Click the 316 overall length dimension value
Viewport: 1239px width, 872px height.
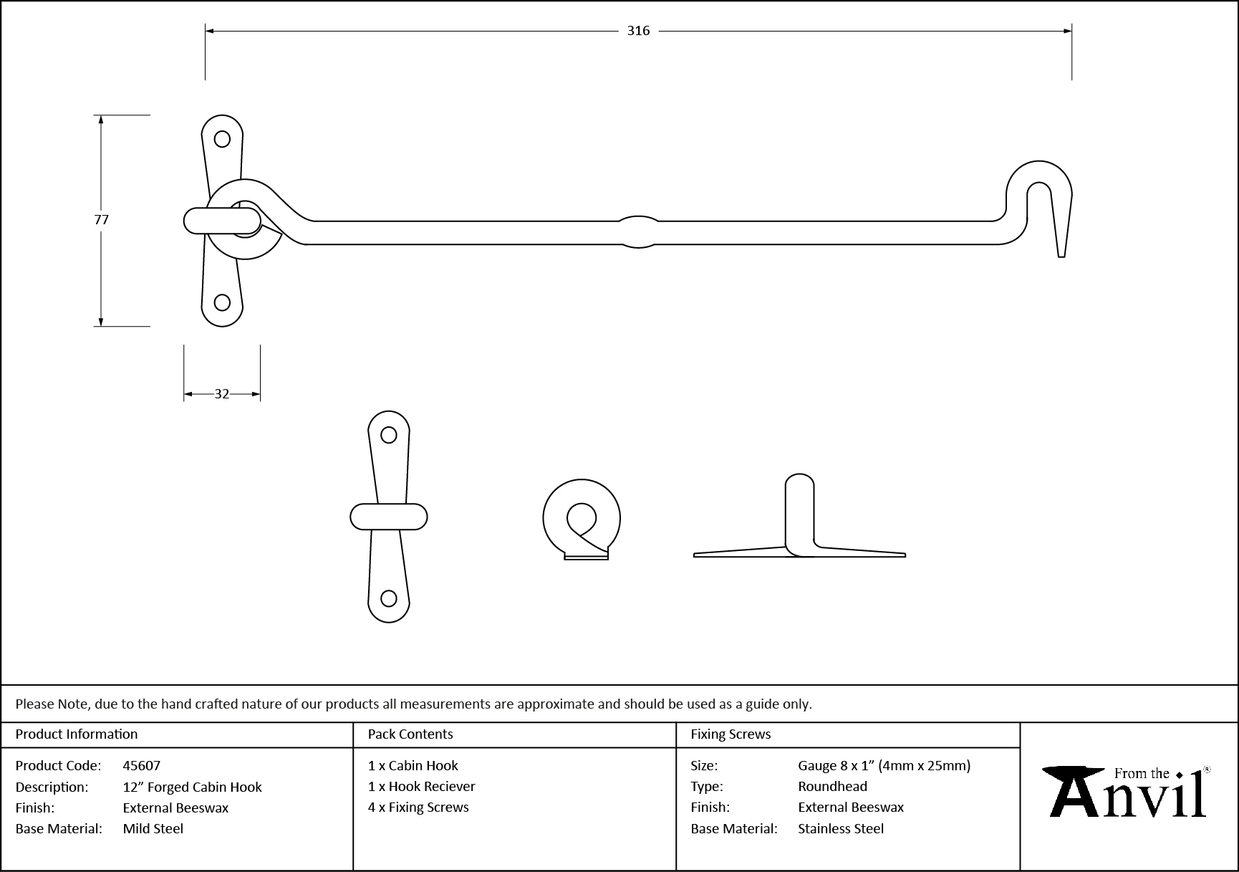click(638, 30)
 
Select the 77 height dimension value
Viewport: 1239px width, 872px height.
click(101, 220)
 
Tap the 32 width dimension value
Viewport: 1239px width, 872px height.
click(222, 394)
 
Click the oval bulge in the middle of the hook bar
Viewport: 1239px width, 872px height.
click(638, 232)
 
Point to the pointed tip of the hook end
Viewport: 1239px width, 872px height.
click(1061, 252)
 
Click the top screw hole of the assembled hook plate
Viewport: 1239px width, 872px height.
click(223, 139)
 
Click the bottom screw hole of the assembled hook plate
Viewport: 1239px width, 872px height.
click(223, 302)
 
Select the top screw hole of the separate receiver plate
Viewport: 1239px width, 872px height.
click(389, 435)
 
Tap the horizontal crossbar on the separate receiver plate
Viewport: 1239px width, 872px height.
click(389, 517)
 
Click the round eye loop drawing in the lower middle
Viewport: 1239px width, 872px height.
click(582, 519)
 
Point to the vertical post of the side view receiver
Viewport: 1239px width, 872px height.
click(799, 512)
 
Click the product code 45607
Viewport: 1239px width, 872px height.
click(142, 765)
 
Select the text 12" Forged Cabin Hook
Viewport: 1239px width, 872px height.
click(192, 787)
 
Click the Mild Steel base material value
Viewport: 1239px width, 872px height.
click(153, 828)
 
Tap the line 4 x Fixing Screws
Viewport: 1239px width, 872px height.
click(418, 807)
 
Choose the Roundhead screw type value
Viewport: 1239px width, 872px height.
click(832, 786)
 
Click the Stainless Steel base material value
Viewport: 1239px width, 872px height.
click(841, 828)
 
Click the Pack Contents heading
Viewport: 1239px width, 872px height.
click(410, 734)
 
